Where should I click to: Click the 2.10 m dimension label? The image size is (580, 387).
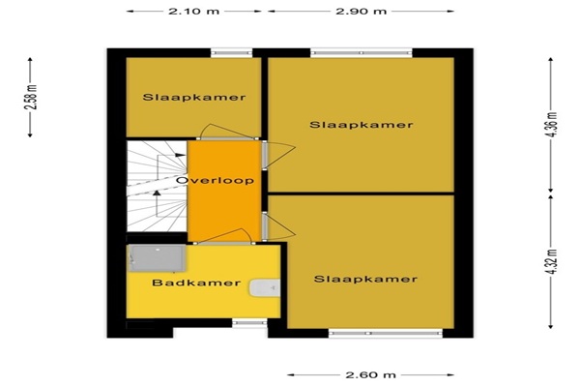click(194, 11)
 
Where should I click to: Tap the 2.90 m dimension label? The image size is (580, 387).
click(361, 11)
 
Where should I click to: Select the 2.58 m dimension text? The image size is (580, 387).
click(32, 98)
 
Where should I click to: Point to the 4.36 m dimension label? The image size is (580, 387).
click(551, 124)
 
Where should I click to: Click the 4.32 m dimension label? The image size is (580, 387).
click(551, 261)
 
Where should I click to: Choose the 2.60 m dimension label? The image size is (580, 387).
click(370, 374)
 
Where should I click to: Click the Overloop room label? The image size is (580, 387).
click(215, 180)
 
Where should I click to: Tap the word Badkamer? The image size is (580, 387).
click(196, 283)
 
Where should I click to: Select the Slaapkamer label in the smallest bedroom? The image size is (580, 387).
click(194, 98)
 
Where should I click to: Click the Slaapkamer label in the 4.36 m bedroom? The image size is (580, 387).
click(361, 125)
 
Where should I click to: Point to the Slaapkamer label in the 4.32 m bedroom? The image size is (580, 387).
click(365, 279)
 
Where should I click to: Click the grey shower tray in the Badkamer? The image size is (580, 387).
click(157, 257)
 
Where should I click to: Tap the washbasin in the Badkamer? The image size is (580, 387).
click(264, 288)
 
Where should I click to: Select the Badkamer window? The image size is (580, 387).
click(249, 323)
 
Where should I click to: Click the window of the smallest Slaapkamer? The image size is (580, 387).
click(232, 53)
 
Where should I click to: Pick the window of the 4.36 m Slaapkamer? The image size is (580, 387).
click(362, 53)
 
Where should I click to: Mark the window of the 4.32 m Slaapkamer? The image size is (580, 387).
click(386, 333)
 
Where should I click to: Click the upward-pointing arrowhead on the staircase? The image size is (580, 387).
click(158, 193)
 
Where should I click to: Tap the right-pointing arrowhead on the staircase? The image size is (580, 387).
click(181, 155)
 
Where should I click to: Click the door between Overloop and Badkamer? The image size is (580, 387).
click(224, 237)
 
